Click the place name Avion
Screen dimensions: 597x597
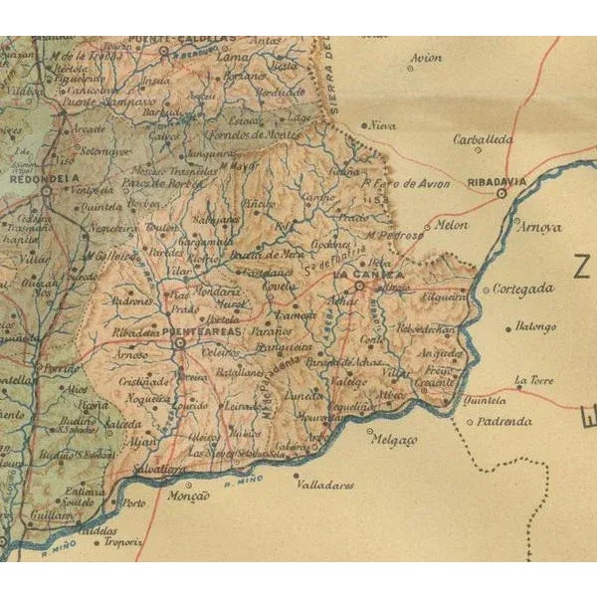tap(426, 58)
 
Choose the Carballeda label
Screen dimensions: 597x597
tap(483, 140)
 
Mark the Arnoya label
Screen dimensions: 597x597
tap(540, 227)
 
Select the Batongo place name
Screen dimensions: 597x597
tap(536, 326)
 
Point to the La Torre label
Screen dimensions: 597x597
tap(531, 379)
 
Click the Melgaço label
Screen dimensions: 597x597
tap(398, 439)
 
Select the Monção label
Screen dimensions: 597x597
tap(191, 495)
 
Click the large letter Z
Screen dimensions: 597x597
tap(580, 268)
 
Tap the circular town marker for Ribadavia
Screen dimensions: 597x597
tap(502, 194)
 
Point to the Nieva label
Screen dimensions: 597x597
tap(383, 126)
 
